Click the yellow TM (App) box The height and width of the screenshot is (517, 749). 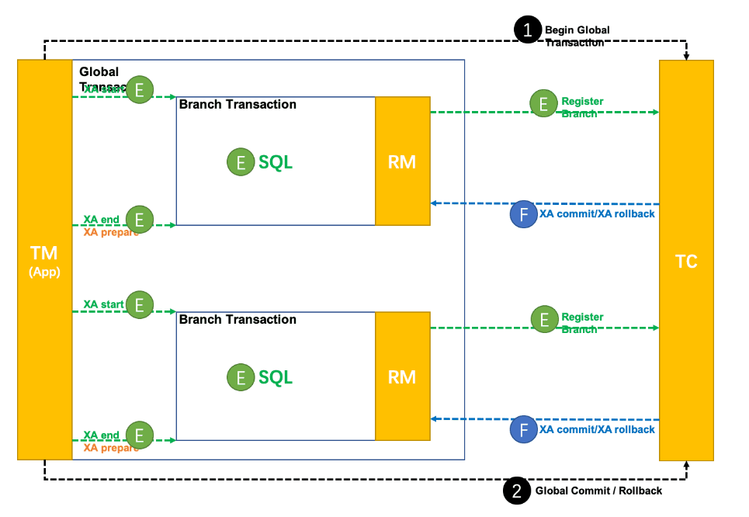point(44,259)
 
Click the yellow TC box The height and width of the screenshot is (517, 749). point(686,261)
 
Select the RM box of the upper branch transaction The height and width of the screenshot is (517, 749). point(402,161)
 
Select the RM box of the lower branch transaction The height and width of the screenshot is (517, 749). point(402,376)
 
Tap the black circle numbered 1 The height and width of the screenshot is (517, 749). point(529,30)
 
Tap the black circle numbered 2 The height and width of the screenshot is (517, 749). point(517,491)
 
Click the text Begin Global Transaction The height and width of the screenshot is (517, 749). point(577,36)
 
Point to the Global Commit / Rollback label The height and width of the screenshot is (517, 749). point(598,491)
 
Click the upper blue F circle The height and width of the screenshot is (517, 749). point(524,214)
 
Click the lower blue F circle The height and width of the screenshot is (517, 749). point(524,429)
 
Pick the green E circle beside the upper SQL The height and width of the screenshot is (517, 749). point(241,162)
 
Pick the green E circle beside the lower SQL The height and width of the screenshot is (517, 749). point(241,378)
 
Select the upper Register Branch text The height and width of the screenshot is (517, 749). point(582,108)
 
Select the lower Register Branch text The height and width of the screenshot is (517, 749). point(582,323)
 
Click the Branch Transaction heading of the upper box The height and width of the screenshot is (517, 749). point(238,105)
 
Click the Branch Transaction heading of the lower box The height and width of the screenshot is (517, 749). point(238,320)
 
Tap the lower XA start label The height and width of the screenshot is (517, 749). point(103,304)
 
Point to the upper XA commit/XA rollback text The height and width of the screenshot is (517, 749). point(597,214)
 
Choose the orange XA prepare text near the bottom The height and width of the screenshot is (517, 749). point(111,447)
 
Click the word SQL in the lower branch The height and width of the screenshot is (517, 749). point(276,378)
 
